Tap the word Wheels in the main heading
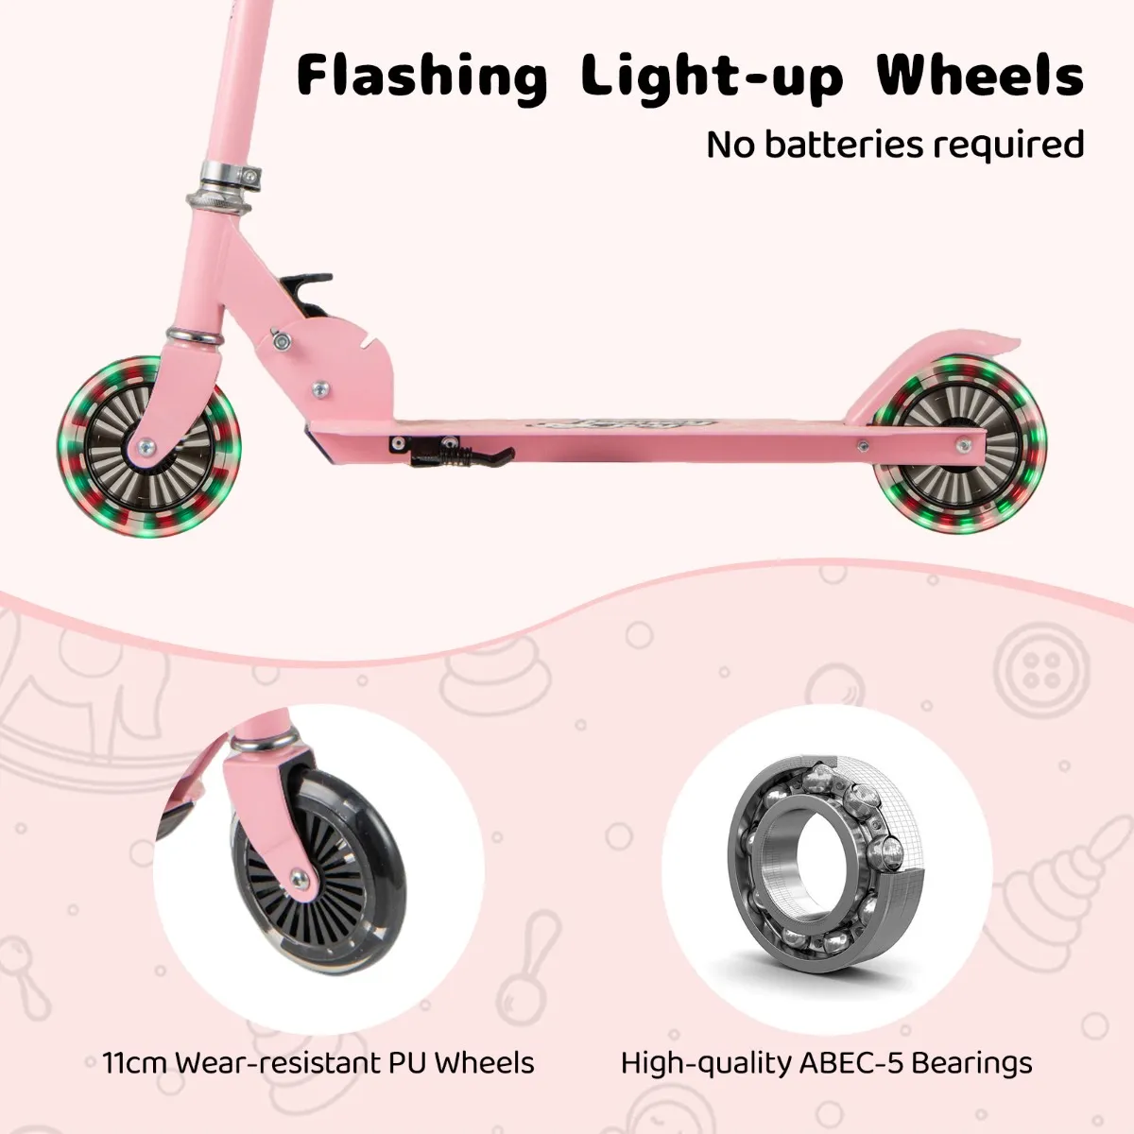(979, 76)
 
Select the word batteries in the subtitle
(844, 145)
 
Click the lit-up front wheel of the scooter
(148, 447)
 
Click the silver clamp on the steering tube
(224, 175)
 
